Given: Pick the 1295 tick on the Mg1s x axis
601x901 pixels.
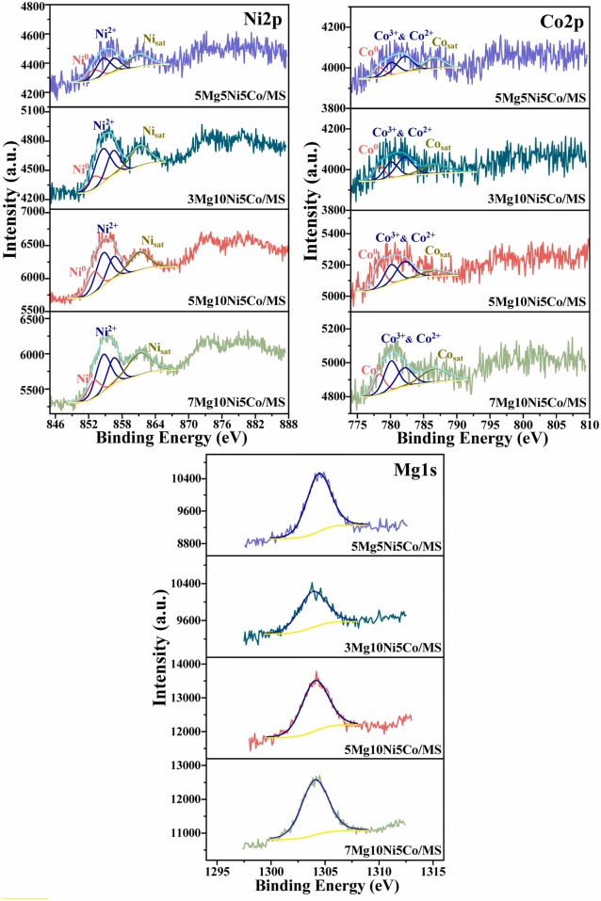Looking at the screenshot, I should click(218, 872).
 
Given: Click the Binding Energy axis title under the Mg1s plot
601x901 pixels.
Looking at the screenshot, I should click(328, 889).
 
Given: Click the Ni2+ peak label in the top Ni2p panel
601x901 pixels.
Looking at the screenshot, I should click(106, 32).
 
